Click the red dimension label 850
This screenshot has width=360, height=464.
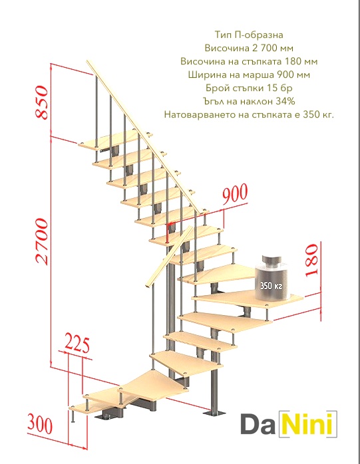tap(41, 102)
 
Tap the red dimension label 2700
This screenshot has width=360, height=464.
tap(41, 241)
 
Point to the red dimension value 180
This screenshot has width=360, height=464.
tap(311, 261)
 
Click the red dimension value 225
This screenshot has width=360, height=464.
tap(77, 344)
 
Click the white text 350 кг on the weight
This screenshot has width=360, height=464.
tap(271, 286)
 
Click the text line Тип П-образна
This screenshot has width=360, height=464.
tap(249, 35)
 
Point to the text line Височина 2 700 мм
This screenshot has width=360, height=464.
tap(249, 48)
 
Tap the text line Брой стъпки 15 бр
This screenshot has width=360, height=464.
tap(249, 88)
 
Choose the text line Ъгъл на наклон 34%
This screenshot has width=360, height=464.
tap(249, 101)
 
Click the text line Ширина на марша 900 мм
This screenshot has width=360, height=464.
tap(249, 74)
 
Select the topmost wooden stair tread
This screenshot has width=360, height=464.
tap(115, 140)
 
